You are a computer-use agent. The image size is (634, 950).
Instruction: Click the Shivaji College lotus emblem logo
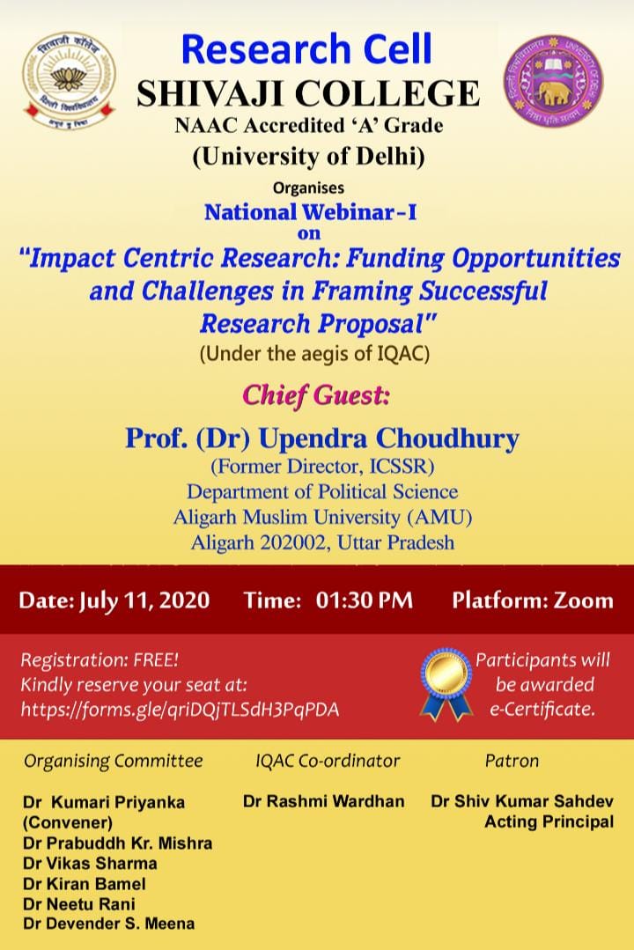pos(69,81)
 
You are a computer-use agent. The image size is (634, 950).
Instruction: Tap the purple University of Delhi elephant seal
pos(553,80)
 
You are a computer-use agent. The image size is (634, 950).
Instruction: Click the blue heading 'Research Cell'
pos(306,49)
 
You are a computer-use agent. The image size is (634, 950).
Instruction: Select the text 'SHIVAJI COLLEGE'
pos(308,93)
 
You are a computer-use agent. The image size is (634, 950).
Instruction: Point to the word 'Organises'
pos(308,188)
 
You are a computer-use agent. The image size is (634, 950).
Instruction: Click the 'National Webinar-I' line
pos(310,212)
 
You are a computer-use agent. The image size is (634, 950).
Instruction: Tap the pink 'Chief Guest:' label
pos(316,395)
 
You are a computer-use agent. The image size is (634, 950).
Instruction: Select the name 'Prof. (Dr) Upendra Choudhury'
pos(322,438)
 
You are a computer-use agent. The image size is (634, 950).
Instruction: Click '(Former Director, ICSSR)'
pos(322,467)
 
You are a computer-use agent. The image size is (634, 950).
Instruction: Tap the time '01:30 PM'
pos(365,600)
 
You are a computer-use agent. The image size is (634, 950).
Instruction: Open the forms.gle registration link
pos(180,710)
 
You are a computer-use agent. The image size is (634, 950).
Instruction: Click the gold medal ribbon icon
pos(447,683)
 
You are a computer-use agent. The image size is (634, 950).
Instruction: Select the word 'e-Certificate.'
pos(542,709)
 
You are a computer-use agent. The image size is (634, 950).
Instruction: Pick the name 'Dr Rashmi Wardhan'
pos(324,801)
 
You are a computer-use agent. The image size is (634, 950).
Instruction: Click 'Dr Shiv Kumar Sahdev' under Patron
pos(522,801)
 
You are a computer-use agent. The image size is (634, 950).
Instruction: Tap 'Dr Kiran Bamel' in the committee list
pos(85,884)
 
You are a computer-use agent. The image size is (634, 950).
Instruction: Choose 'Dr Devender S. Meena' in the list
pos(109,924)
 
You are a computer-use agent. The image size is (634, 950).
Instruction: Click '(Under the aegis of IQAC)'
pos(314,354)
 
